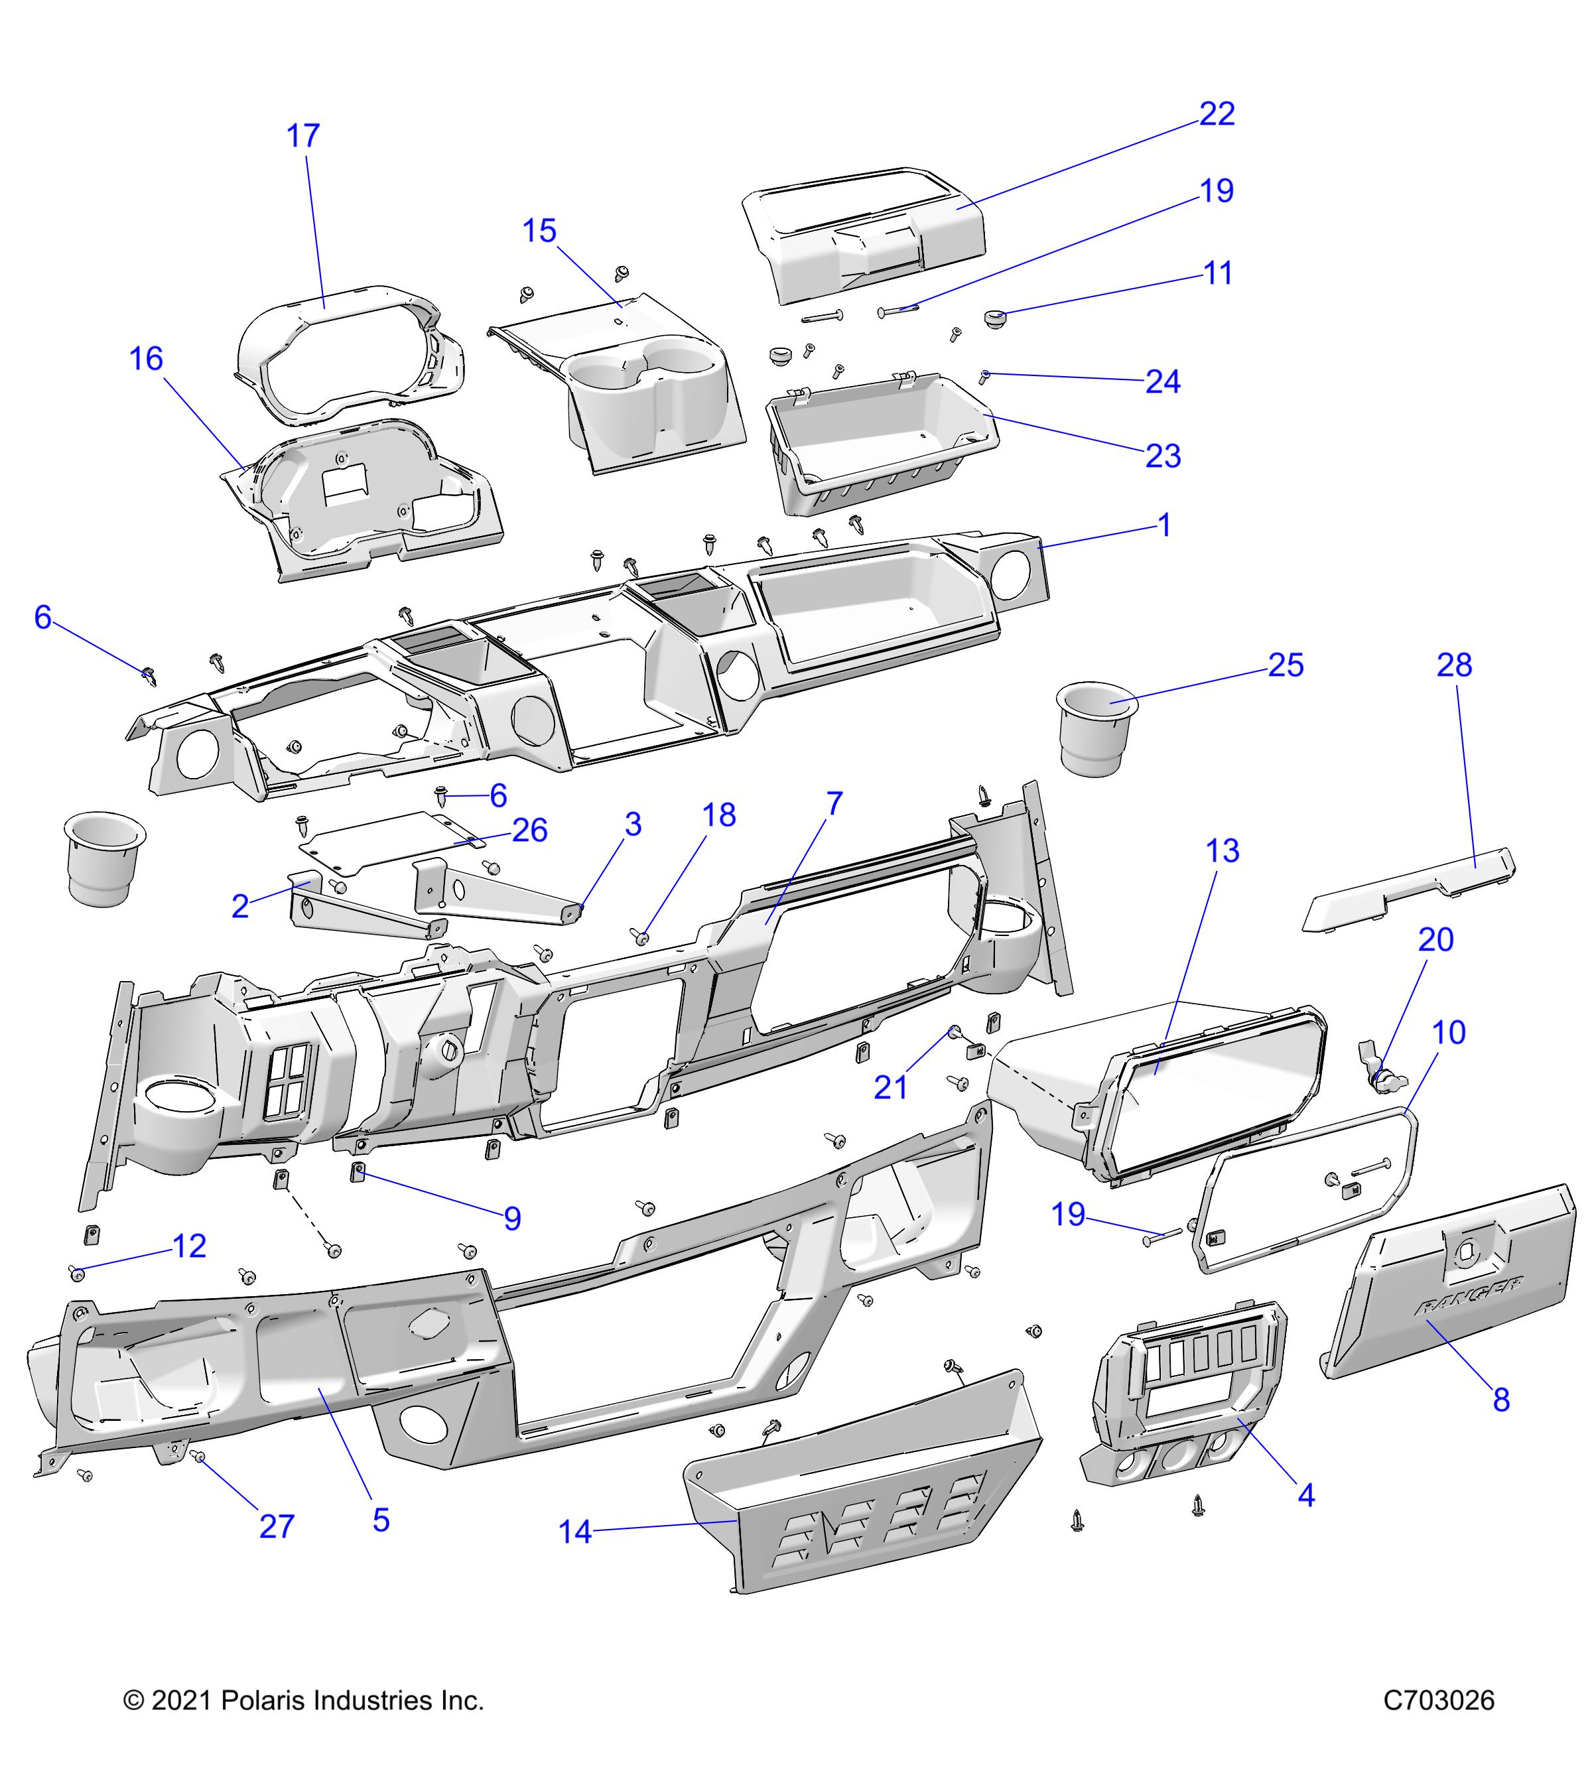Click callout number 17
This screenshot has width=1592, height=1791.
tap(303, 137)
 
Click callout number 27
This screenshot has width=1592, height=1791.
tap(277, 1526)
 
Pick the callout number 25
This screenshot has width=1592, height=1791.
tap(1286, 666)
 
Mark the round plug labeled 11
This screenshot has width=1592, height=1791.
tap(994, 316)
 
